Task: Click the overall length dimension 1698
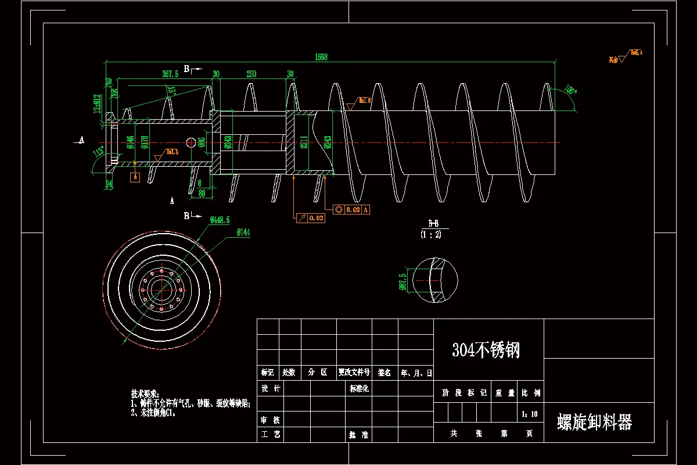(321, 57)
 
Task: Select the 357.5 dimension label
(170, 74)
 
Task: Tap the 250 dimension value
(251, 74)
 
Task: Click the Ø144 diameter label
(243, 233)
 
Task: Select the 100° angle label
(570, 91)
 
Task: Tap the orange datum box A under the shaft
(135, 178)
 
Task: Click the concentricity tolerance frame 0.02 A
(352, 209)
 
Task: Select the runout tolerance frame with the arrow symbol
(311, 218)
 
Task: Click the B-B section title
(433, 224)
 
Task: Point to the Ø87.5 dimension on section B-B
(402, 282)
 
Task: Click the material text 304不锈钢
(486, 350)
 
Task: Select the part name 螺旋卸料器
(594, 422)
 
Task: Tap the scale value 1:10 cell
(530, 414)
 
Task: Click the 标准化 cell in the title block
(359, 388)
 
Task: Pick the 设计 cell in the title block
(271, 388)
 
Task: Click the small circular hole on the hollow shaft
(191, 142)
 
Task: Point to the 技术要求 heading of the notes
(145, 394)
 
